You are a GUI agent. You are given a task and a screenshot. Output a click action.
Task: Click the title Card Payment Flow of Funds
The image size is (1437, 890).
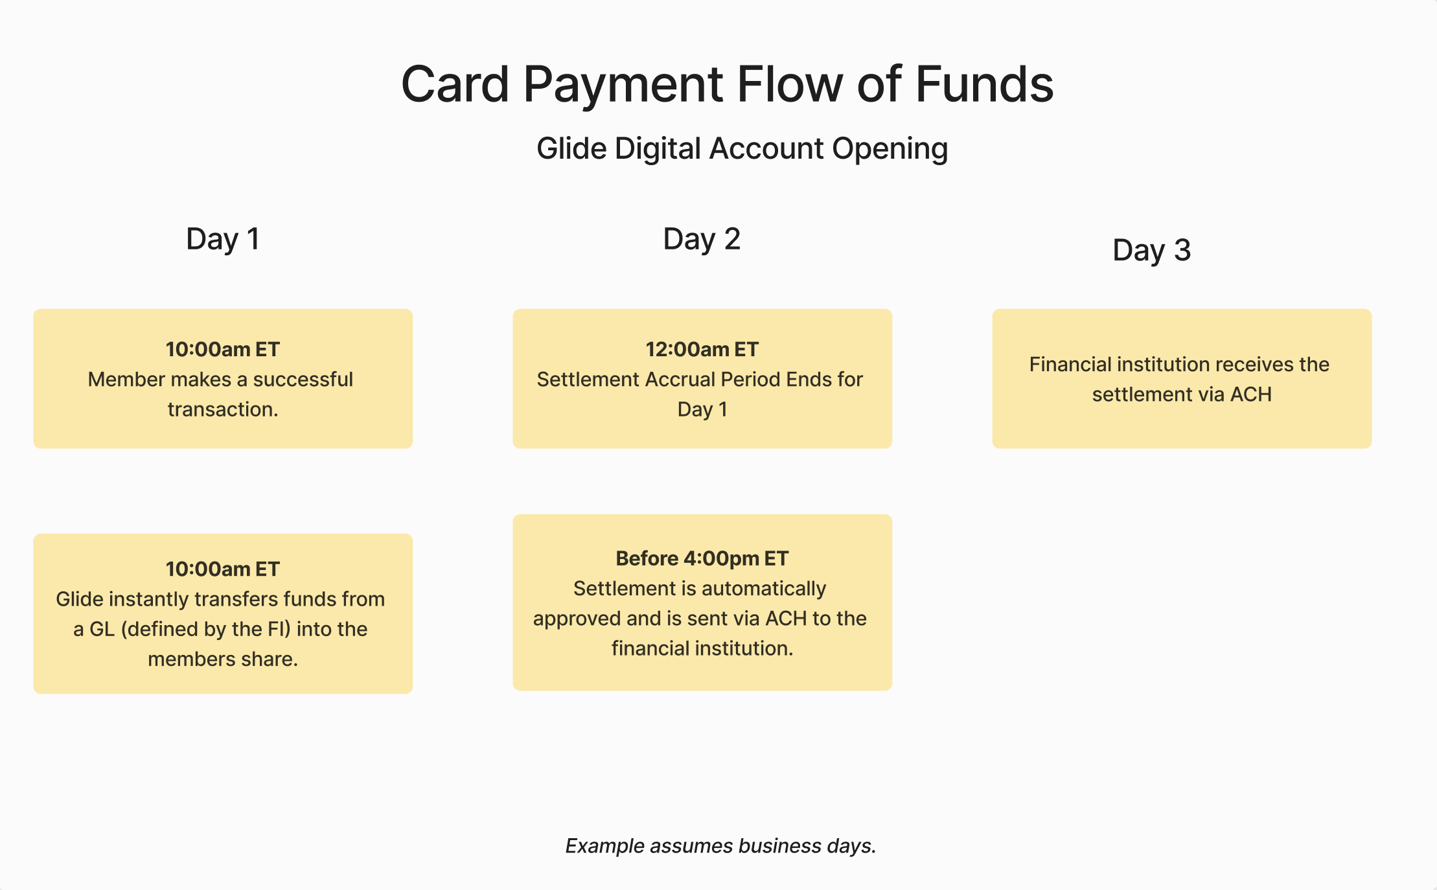[x=727, y=84]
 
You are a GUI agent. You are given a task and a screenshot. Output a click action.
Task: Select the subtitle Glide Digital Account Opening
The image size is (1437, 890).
[x=742, y=149]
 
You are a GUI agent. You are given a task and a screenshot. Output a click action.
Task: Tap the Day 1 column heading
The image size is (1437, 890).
[x=223, y=239]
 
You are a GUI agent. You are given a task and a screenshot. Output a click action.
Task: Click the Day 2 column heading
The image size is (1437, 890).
[x=702, y=239]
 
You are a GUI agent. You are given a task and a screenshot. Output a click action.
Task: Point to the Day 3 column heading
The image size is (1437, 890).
[x=1151, y=250]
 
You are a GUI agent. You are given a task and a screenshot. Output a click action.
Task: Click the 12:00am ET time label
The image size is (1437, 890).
[x=702, y=349]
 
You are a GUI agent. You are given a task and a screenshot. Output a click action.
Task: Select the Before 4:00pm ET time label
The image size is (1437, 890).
[x=702, y=558]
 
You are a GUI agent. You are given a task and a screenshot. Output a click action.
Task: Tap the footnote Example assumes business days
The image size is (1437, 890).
[x=720, y=846]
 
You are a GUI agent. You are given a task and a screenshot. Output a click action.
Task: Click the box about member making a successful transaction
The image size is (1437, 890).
[x=223, y=379]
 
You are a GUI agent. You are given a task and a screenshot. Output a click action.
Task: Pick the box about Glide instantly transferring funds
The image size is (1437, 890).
[x=223, y=613]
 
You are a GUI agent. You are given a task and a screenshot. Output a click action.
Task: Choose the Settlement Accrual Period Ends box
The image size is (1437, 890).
[x=702, y=379]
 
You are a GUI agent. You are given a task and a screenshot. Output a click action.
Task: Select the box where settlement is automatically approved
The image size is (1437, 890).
[x=702, y=602]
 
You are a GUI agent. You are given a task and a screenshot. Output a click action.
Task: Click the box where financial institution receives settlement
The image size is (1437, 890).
[x=1182, y=379]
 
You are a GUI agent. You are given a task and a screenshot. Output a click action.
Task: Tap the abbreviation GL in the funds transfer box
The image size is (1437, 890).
[x=102, y=629]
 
